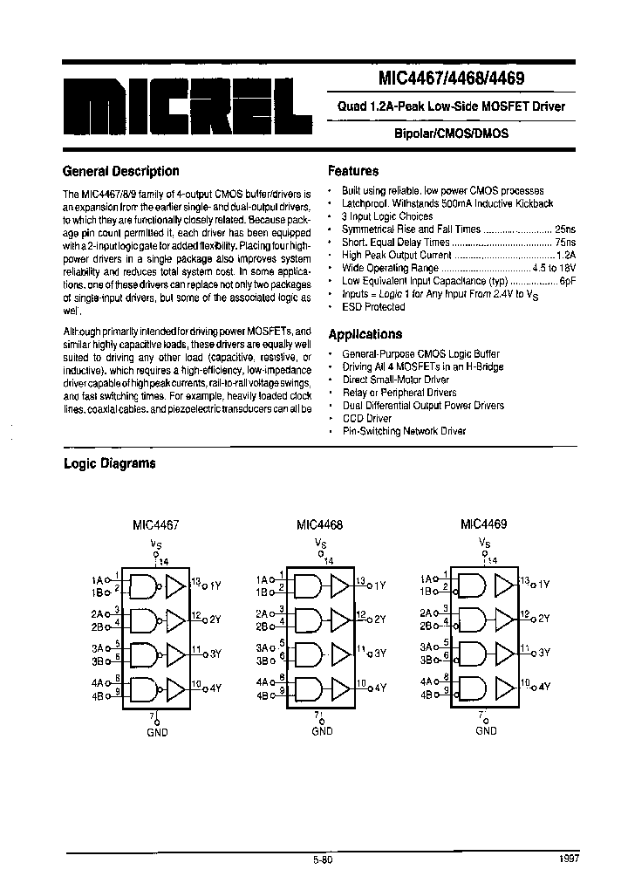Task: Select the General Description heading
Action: click(121, 171)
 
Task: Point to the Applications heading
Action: click(365, 334)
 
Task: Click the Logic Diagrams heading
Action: click(109, 463)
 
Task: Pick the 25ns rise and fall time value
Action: click(564, 229)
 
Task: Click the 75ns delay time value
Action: click(564, 242)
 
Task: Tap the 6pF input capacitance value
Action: click(567, 281)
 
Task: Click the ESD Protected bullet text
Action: click(373, 307)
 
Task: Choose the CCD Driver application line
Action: click(368, 418)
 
